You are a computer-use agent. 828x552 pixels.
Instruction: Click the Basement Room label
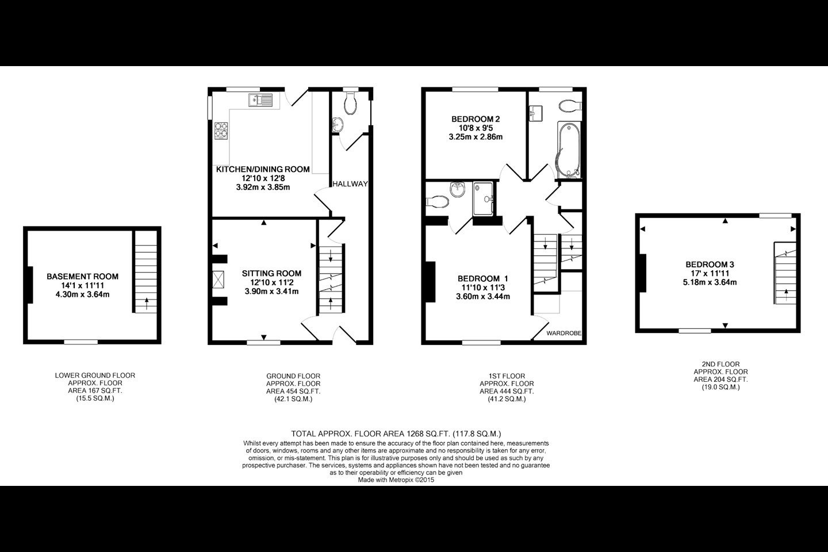tap(82, 277)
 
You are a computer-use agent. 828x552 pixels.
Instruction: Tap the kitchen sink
tap(260, 100)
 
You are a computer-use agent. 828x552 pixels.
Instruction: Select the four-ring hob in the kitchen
tap(221, 131)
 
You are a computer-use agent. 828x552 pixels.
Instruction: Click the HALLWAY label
tap(350, 184)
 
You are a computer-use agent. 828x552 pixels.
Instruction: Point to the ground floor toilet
tap(350, 103)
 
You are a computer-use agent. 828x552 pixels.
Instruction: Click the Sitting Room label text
tap(271, 274)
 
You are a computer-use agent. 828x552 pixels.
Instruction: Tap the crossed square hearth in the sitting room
tap(218, 279)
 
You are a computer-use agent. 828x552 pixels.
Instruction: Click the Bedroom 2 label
tap(476, 119)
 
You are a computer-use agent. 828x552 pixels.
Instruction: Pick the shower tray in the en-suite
tap(483, 198)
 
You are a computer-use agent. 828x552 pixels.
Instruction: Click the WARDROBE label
tap(563, 333)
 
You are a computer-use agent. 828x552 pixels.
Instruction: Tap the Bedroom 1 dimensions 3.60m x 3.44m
tap(483, 297)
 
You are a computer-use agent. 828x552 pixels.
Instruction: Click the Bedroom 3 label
tap(710, 264)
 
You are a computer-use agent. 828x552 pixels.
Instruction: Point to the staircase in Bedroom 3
tap(785, 273)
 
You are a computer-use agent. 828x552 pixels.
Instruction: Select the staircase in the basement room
tap(146, 272)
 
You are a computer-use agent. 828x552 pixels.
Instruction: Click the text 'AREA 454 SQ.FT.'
tap(293, 391)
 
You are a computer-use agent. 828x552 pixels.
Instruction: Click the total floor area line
tap(396, 434)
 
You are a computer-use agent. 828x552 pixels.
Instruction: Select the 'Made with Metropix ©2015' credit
tap(396, 480)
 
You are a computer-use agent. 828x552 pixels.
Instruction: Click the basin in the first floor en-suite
tap(458, 190)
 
